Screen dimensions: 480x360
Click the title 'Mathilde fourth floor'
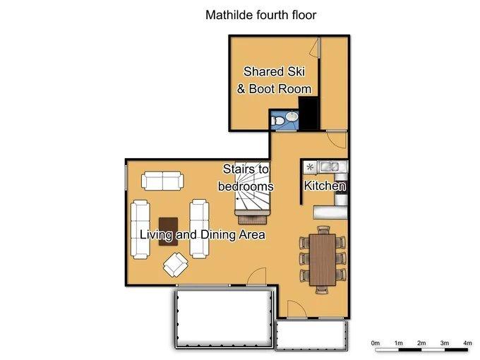tap(260, 15)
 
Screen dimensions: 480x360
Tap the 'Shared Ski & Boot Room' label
tap(275, 80)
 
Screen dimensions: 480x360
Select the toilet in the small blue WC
tap(278, 121)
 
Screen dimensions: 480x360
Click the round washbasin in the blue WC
tap(292, 116)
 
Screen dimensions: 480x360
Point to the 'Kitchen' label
tap(325, 186)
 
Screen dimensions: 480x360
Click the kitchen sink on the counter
tap(328, 167)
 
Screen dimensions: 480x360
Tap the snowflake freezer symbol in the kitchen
tap(311, 167)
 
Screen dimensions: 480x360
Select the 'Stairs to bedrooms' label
tap(246, 178)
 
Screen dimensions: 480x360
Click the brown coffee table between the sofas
tap(169, 232)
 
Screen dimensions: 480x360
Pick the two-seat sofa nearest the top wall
tap(162, 181)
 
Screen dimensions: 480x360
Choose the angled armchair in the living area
tap(176, 265)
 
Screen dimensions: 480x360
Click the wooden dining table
tap(323, 260)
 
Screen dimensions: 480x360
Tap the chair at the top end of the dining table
tap(323, 230)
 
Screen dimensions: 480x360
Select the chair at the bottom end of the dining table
tap(323, 289)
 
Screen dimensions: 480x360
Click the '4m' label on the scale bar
tap(467, 343)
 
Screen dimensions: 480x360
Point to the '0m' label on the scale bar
tap(376, 343)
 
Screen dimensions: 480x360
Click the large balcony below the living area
tap(224, 318)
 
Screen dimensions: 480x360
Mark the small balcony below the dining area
tap(311, 335)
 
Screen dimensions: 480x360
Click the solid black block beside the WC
tap(309, 113)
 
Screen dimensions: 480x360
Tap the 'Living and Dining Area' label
tap(203, 235)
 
